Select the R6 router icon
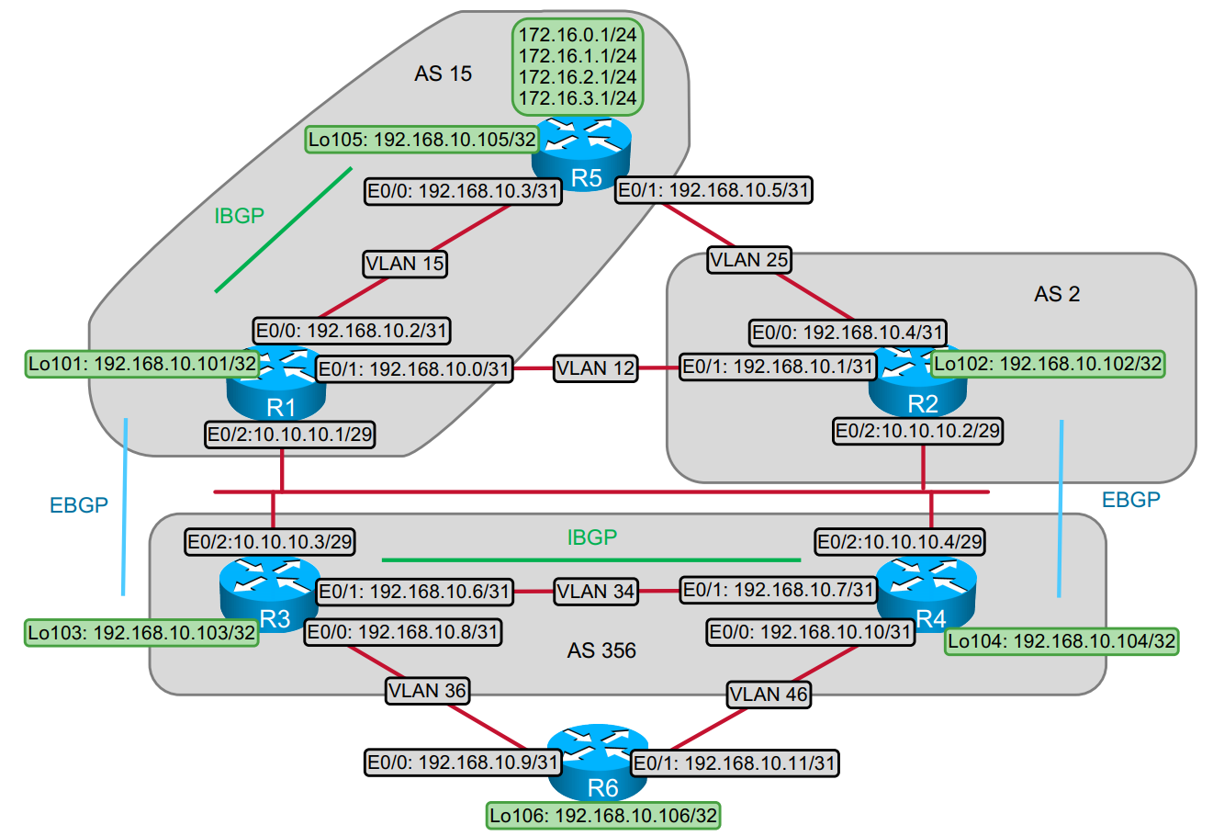click(x=598, y=763)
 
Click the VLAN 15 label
click(x=405, y=264)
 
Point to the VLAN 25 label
click(x=749, y=260)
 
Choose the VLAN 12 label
click(x=596, y=368)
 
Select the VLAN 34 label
click(x=596, y=591)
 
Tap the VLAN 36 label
click(x=428, y=690)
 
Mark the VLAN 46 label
click(x=769, y=695)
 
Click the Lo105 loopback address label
click(x=422, y=140)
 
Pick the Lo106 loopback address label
click(x=603, y=815)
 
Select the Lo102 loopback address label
click(x=1048, y=364)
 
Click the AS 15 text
click(x=443, y=73)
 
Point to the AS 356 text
click(x=601, y=650)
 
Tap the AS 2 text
click(x=1057, y=294)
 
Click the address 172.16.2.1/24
click(x=578, y=77)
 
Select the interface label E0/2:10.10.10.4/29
click(x=900, y=542)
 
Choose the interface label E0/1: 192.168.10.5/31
click(x=713, y=190)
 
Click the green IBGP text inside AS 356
click(x=592, y=537)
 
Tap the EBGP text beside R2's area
click(x=1130, y=500)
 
